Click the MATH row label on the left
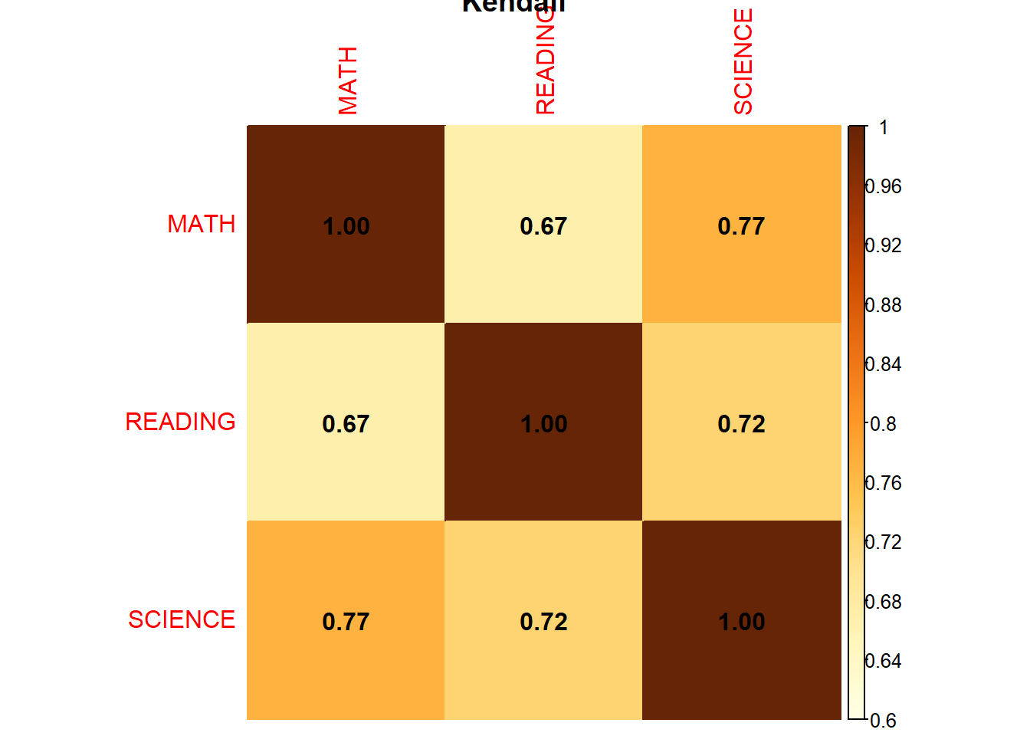click(x=202, y=224)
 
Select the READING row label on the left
click(x=181, y=422)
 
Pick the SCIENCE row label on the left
click(x=182, y=619)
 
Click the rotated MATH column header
click(x=348, y=80)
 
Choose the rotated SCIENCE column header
click(x=743, y=62)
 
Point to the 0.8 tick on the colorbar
click(x=883, y=424)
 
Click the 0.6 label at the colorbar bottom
click(x=883, y=721)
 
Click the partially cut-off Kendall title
click(x=513, y=6)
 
